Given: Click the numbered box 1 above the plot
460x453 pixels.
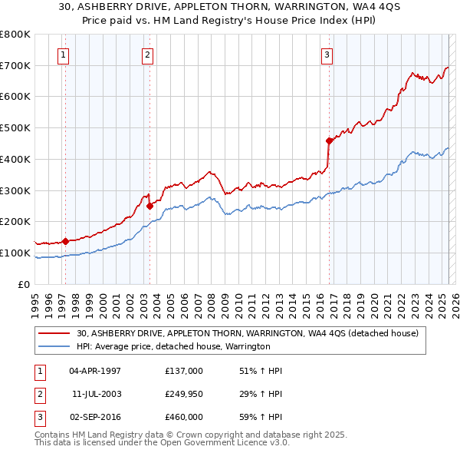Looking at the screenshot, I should (62, 55).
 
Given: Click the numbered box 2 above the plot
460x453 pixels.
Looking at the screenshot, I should (146, 55).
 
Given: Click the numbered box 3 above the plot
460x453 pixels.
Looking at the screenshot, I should (327, 55).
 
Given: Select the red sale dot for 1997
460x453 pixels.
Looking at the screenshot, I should (65, 241).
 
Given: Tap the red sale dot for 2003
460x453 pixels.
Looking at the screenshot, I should (149, 206).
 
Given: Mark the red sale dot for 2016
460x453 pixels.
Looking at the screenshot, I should (329, 141).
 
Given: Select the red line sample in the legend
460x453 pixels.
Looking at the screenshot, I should (56, 334).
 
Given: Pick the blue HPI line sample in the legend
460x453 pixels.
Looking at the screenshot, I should (56, 346).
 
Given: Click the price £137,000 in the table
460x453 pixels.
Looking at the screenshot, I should (183, 371).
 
